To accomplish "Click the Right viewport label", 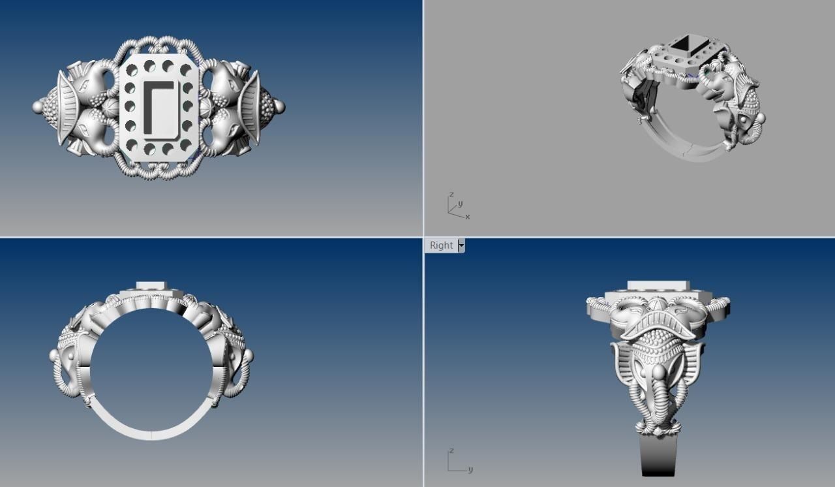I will point(441,245).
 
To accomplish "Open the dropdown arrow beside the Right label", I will point(461,245).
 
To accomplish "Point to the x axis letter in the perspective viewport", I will point(468,217).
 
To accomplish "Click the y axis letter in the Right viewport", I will point(470,469).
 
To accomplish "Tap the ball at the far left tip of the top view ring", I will point(38,106).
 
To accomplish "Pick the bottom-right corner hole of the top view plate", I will point(186,145).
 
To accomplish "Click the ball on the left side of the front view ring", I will point(54,356).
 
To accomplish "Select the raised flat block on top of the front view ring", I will point(151,286).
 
